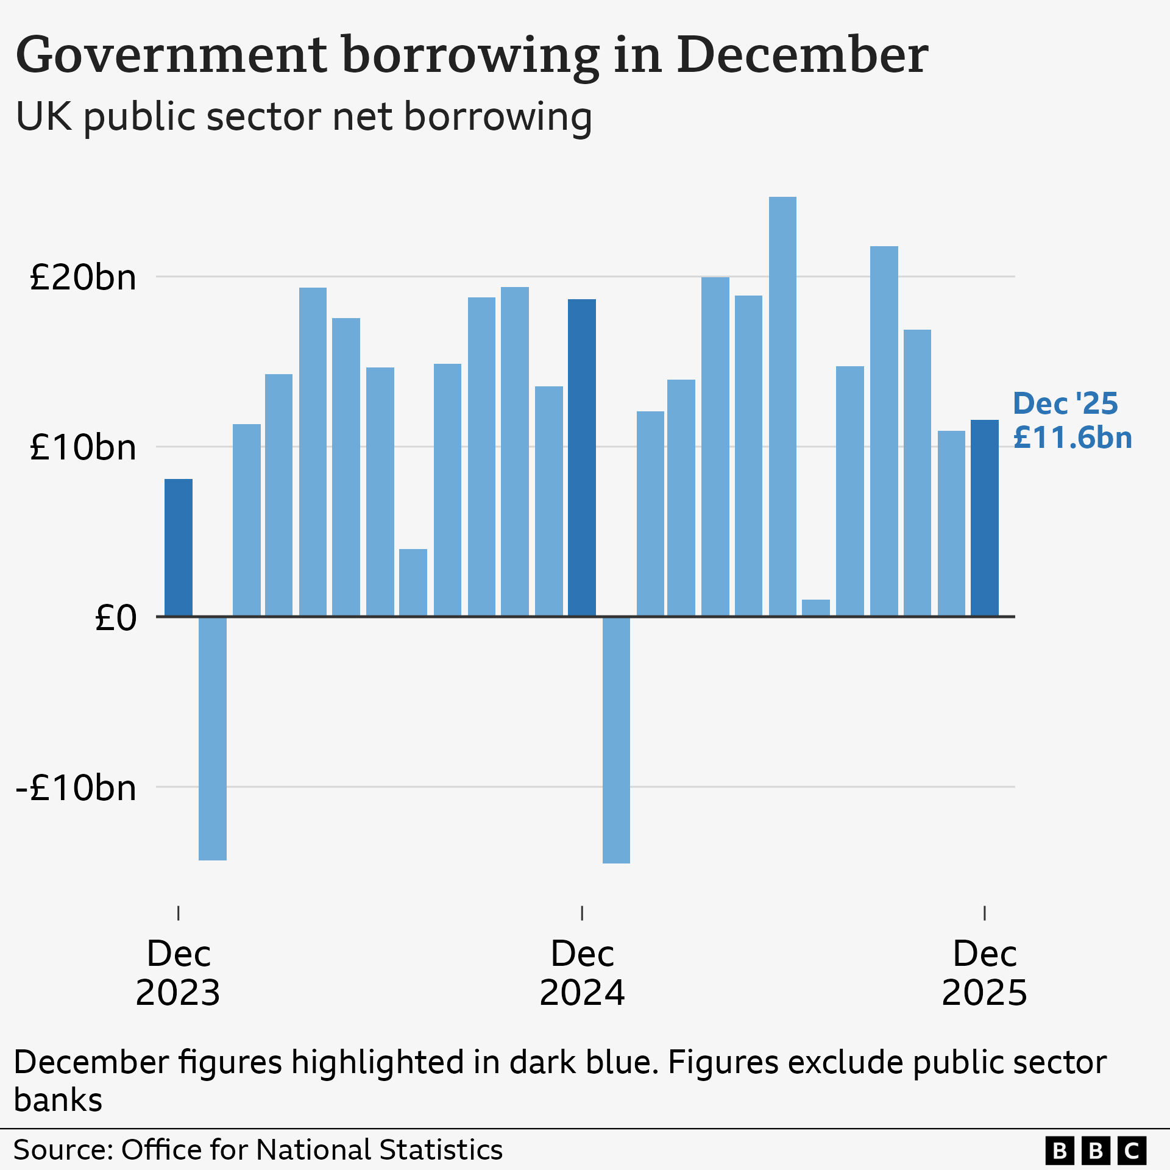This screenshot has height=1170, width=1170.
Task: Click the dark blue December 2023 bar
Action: pyautogui.click(x=179, y=547)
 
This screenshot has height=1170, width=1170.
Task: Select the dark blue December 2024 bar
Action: pyautogui.click(x=582, y=458)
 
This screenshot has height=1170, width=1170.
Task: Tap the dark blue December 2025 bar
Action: pyautogui.click(x=985, y=518)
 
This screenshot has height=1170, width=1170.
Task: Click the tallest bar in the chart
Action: pyautogui.click(x=782, y=406)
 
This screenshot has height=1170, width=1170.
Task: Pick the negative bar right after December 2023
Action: pyautogui.click(x=213, y=738)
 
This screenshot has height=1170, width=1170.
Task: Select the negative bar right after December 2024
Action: pyautogui.click(x=616, y=740)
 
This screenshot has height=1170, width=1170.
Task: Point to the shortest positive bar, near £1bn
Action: pyautogui.click(x=816, y=608)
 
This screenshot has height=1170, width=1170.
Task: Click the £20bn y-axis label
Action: pyautogui.click(x=83, y=278)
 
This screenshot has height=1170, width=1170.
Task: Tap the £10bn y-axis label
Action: pyautogui.click(x=83, y=448)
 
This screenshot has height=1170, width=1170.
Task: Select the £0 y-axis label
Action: pyautogui.click(x=116, y=618)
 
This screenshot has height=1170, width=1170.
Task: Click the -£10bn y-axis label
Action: pyautogui.click(x=76, y=788)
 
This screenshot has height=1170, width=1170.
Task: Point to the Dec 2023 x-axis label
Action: pyautogui.click(x=178, y=973)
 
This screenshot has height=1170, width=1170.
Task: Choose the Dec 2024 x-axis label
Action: pyautogui.click(x=582, y=973)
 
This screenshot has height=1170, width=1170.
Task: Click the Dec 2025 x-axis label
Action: pyautogui.click(x=984, y=973)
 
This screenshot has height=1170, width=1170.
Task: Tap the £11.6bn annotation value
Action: pyautogui.click(x=1072, y=438)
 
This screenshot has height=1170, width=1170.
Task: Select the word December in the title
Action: pyautogui.click(x=802, y=55)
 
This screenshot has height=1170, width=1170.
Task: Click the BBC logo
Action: pyautogui.click(x=1095, y=1150)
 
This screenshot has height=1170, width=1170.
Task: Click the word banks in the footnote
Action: pyautogui.click(x=58, y=1100)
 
